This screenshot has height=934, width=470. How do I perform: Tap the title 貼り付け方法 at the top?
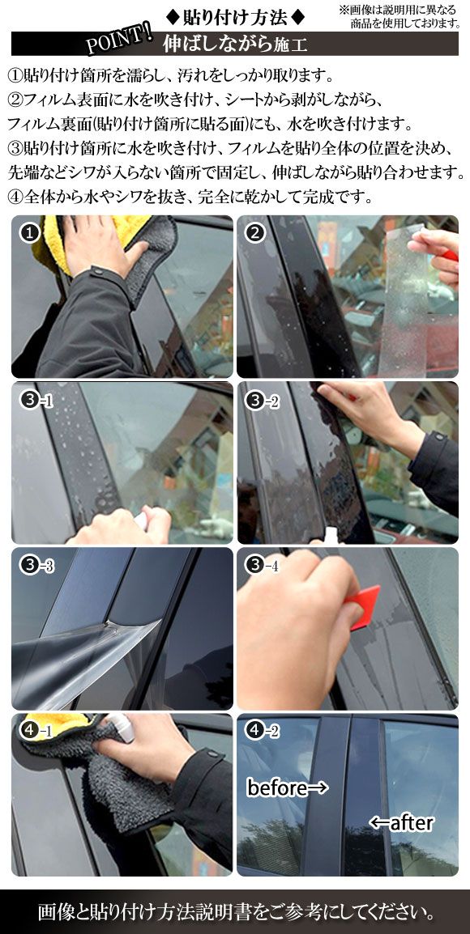(234, 15)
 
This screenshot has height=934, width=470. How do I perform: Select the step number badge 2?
(256, 234)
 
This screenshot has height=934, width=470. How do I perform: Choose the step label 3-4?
(262, 566)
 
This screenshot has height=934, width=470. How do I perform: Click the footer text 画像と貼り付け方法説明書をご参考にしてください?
(235, 912)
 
